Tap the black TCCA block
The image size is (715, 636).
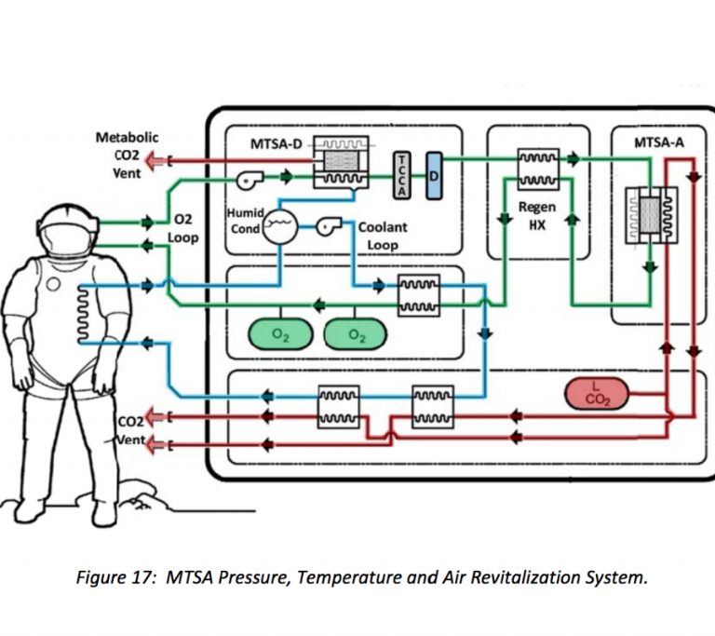(401, 172)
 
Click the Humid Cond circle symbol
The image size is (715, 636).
(278, 225)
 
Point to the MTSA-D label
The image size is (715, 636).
(277, 144)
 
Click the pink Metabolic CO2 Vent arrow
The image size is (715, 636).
(160, 160)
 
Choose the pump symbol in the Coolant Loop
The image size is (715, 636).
(327, 225)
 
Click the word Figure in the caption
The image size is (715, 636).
(100, 577)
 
